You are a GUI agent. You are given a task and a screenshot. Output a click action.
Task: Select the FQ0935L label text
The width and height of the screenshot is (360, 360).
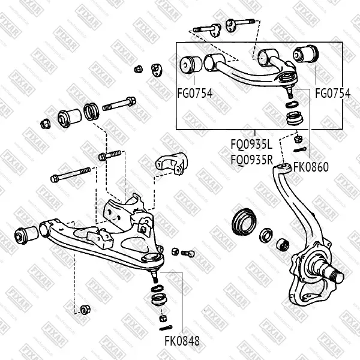click(x=252, y=145)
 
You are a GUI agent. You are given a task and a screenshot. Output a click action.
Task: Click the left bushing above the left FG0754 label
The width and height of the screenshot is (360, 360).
click(x=191, y=64)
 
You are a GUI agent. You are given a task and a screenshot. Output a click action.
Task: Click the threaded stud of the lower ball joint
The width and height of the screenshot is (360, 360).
click(x=155, y=277)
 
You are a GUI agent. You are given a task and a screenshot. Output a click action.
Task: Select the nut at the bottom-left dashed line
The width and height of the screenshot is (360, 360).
click(x=85, y=310)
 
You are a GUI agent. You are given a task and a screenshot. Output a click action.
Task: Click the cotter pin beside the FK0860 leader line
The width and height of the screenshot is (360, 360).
click(x=304, y=149)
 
